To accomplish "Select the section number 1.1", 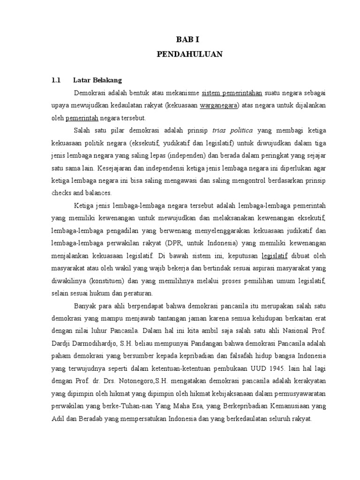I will [56, 80].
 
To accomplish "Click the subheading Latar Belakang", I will [97, 80].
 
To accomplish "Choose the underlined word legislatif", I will [274, 255].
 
